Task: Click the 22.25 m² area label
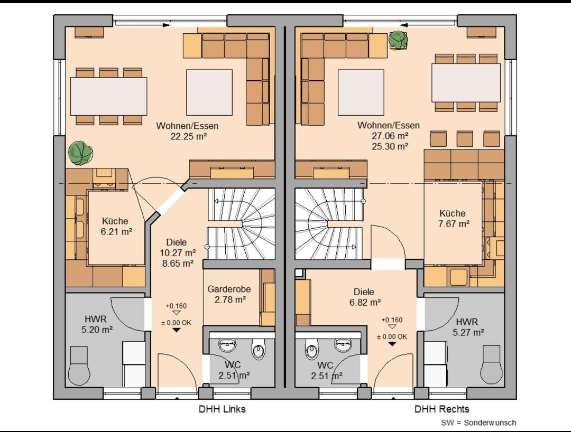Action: (x=189, y=136)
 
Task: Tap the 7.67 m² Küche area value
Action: (x=454, y=223)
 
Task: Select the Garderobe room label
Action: (x=229, y=289)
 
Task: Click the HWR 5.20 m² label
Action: (x=97, y=324)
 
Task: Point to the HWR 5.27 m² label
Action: (x=468, y=327)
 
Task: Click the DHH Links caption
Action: (x=222, y=409)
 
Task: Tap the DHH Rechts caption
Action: (x=441, y=409)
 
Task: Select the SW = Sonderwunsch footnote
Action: (x=478, y=422)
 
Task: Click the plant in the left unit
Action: (x=80, y=153)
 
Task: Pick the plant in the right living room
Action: (x=398, y=40)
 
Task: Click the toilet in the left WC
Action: (x=258, y=351)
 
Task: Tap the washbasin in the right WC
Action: (x=343, y=345)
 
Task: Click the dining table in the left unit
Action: (x=108, y=96)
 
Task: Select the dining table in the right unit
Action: (x=466, y=83)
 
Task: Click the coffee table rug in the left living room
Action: (x=209, y=92)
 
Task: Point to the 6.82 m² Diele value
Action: (x=365, y=302)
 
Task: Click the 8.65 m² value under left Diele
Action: (x=178, y=264)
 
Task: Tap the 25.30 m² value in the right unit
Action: (x=390, y=146)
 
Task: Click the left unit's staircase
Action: (x=241, y=223)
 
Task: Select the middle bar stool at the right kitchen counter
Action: (x=465, y=139)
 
